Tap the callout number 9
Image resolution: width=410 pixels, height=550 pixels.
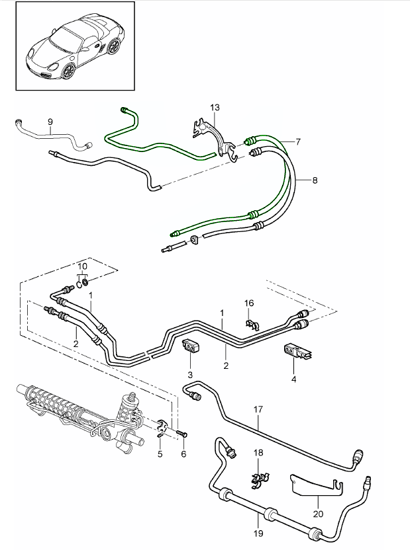click(50, 122)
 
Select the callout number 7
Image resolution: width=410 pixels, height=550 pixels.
click(298, 141)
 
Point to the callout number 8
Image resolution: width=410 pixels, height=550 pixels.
click(315, 179)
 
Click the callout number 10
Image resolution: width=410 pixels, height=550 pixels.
click(81, 267)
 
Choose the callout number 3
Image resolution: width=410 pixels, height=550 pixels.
click(189, 375)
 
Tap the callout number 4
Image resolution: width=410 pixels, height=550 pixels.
click(293, 379)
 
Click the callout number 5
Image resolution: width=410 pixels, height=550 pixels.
click(160, 453)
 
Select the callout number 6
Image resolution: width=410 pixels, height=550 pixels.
click(183, 454)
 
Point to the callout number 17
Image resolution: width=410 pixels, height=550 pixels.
click(258, 409)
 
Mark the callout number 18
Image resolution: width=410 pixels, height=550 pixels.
click(258, 453)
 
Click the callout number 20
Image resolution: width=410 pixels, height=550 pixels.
click(317, 513)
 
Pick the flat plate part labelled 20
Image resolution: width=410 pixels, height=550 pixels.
click(311, 485)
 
